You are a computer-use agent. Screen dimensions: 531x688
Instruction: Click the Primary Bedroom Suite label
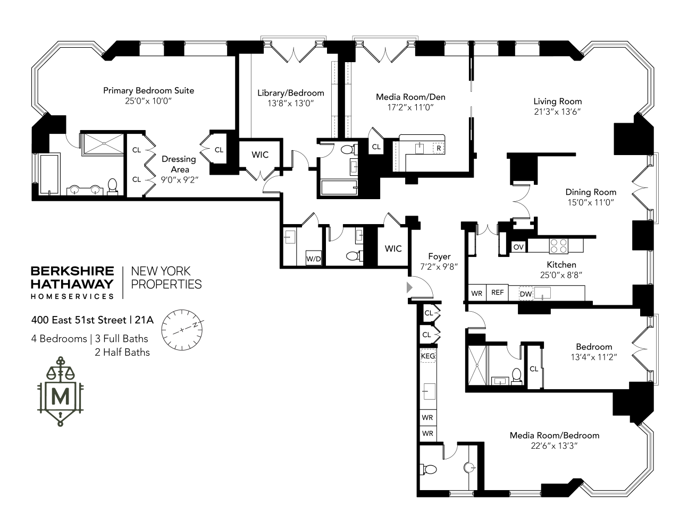[148, 90]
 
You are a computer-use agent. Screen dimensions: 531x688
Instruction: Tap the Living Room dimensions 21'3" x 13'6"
[557, 112]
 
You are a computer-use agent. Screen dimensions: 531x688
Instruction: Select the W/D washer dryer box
[313, 259]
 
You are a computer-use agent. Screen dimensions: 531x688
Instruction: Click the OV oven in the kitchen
[518, 247]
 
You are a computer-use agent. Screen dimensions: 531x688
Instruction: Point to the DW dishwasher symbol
[525, 294]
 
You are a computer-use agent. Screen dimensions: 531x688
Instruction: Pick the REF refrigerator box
[497, 293]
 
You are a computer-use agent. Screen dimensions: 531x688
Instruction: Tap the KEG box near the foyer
[427, 356]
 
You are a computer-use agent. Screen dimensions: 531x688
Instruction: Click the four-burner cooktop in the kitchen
[559, 246]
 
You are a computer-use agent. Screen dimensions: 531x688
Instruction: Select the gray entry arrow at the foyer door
[409, 287]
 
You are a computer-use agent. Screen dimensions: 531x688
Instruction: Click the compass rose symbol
[182, 330]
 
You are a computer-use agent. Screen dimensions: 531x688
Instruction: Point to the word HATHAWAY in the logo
[72, 284]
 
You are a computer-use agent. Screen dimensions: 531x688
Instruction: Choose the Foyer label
[439, 256]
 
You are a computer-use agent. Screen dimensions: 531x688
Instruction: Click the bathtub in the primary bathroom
[48, 174]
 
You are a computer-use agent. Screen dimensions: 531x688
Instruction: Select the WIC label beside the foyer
[393, 249]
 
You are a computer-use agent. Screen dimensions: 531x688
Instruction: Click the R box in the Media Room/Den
[438, 148]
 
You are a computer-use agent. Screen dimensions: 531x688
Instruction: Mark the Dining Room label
[591, 192]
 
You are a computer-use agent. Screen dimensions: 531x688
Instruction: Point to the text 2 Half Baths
[122, 352]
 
